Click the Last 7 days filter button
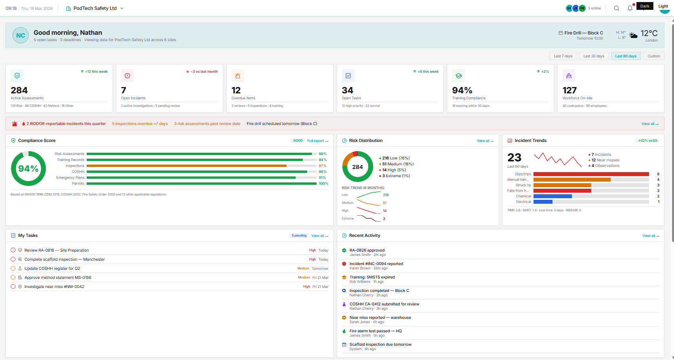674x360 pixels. pyautogui.click(x=563, y=56)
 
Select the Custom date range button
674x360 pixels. pyautogui.click(x=653, y=56)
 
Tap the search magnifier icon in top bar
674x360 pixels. pyautogui.click(x=616, y=8)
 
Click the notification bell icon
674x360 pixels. pyautogui.click(x=630, y=8)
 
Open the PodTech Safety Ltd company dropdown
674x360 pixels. pyautogui.click(x=95, y=8)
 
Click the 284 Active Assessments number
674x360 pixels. pyautogui.click(x=19, y=91)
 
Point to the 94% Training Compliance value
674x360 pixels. pyautogui.click(x=462, y=91)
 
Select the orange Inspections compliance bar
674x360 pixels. pyautogui.click(x=186, y=166)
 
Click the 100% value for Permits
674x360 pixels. pyautogui.click(x=323, y=184)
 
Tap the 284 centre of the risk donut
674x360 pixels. pyautogui.click(x=357, y=167)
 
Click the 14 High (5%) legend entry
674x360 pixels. pyautogui.click(x=394, y=170)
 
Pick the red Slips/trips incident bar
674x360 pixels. pyautogui.click(x=591, y=174)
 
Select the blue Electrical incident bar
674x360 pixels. pyautogui.click(x=543, y=202)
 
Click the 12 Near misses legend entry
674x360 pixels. pyautogui.click(x=605, y=160)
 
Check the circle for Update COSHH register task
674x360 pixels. pyautogui.click(x=13, y=268)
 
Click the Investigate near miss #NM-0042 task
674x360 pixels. pyautogui.click(x=54, y=287)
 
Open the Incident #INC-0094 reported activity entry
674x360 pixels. pyautogui.click(x=376, y=264)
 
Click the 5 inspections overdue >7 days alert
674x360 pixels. pyautogui.click(x=140, y=124)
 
